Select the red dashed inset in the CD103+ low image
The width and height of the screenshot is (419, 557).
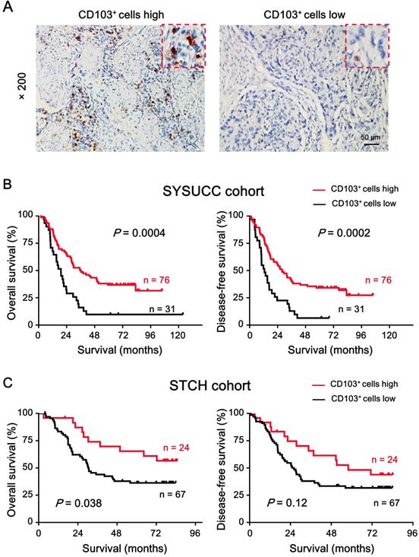[366, 44]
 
